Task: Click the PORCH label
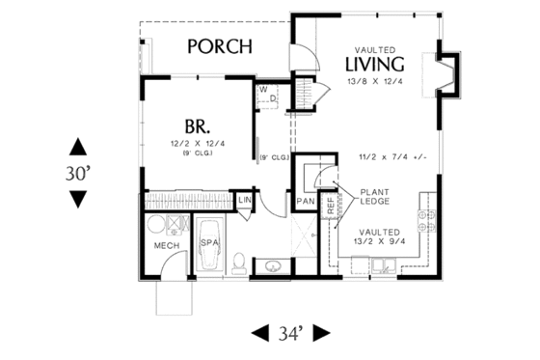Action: coord(220,46)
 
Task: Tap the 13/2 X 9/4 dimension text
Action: coord(379,242)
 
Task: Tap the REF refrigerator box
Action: coord(330,206)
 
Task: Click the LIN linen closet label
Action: coord(246,200)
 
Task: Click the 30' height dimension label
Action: coord(78,173)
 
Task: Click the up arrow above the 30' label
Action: coord(78,147)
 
